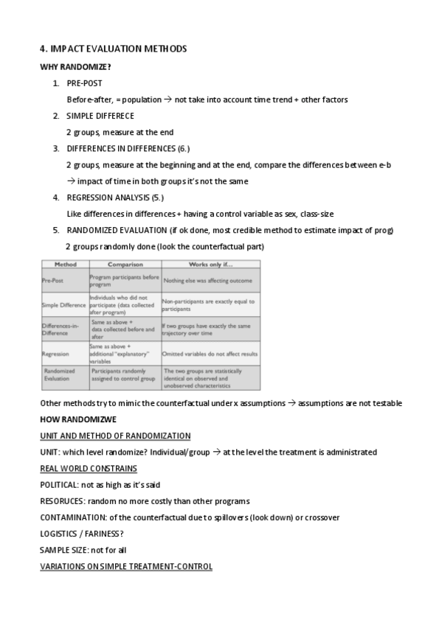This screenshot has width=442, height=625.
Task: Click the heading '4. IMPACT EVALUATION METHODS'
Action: tap(113, 49)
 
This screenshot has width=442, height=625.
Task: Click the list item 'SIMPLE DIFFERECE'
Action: tap(100, 116)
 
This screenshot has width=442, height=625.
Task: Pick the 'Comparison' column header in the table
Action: tap(125, 263)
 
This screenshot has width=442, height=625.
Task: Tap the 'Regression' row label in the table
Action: tap(57, 354)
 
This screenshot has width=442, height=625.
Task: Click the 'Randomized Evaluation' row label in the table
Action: tap(61, 377)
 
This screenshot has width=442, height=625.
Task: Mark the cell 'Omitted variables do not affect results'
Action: tap(210, 354)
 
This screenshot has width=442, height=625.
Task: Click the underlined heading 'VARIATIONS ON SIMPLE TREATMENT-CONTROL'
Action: tap(126, 566)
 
